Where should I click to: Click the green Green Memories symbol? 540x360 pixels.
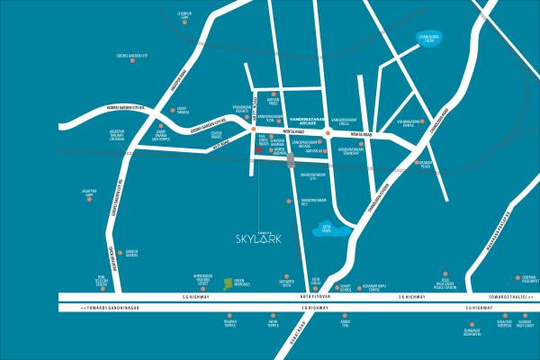click(x=228, y=282)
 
